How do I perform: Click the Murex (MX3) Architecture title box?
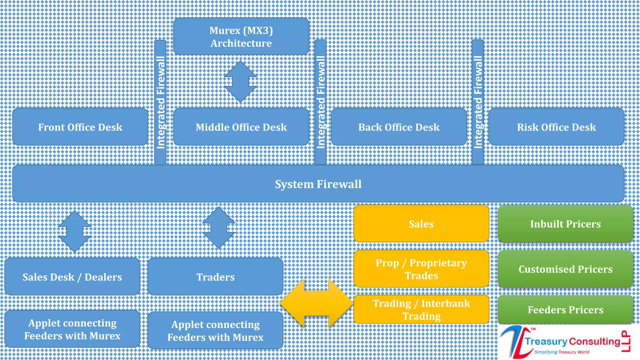click(x=241, y=37)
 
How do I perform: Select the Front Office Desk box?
click(x=80, y=127)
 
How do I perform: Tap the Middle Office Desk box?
click(x=241, y=127)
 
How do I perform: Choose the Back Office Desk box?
click(x=399, y=127)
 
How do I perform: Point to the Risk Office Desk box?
click(x=556, y=127)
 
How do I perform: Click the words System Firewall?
click(x=318, y=184)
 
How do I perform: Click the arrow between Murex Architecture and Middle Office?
click(x=240, y=82)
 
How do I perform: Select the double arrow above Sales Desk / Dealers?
click(x=74, y=231)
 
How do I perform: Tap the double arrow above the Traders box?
click(x=218, y=228)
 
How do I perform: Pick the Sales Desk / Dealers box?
click(x=72, y=277)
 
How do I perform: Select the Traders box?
click(x=215, y=277)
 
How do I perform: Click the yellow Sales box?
click(x=421, y=224)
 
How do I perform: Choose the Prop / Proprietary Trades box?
click(x=421, y=269)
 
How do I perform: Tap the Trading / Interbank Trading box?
click(x=421, y=309)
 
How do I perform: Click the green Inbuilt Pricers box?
click(x=565, y=224)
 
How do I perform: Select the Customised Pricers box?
click(x=565, y=269)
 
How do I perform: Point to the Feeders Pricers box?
click(x=565, y=309)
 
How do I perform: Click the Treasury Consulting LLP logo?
click(x=566, y=342)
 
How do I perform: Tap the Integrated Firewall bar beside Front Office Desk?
click(x=160, y=102)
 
